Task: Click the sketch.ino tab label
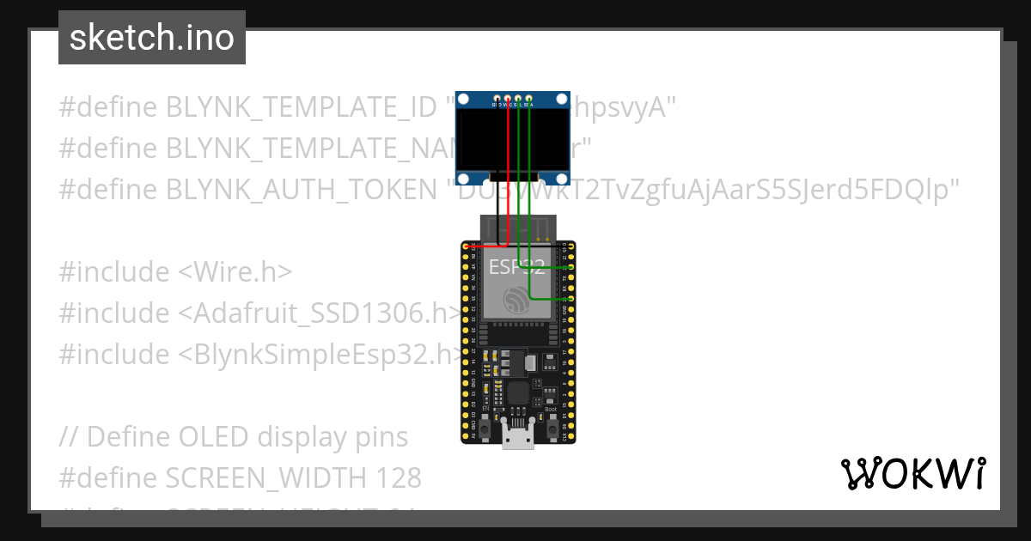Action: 151,38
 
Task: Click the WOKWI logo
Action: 912,473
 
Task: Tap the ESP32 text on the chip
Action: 514,266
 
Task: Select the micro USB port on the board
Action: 517,438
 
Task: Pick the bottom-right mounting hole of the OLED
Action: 563,178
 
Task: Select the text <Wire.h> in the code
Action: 235,271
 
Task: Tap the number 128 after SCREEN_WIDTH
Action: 394,477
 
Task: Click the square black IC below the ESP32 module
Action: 518,393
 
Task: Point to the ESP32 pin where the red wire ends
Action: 472,246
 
